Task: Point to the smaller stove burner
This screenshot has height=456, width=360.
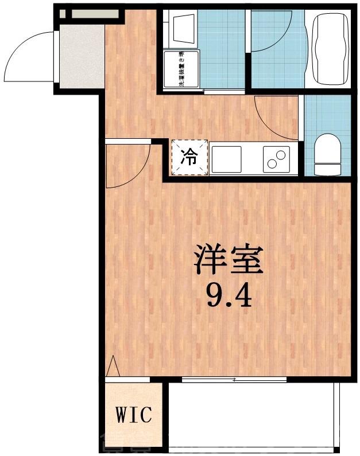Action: [x=282, y=154]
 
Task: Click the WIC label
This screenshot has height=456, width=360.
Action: [x=134, y=415]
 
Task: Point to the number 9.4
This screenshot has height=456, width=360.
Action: [x=229, y=295]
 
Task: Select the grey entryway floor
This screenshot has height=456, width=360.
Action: [x=80, y=57]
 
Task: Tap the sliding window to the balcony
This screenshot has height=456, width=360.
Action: [x=234, y=379]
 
